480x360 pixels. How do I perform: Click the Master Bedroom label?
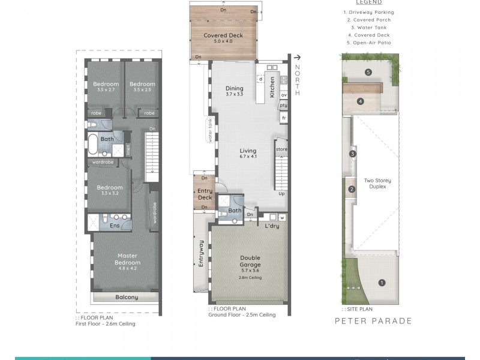127,259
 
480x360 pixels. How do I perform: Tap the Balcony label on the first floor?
127,297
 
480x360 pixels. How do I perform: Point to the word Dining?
235,88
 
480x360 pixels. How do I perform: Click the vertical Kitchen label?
272,87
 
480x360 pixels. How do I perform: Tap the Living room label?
248,151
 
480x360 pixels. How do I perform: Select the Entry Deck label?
205,194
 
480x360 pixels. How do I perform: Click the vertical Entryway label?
202,253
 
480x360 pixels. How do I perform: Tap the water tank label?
211,130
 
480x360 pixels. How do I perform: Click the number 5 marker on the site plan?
368,73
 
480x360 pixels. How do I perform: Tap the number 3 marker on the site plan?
353,154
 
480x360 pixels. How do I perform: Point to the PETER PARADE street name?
373,321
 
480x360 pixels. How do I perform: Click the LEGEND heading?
368,2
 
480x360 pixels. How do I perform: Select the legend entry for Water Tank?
368,28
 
